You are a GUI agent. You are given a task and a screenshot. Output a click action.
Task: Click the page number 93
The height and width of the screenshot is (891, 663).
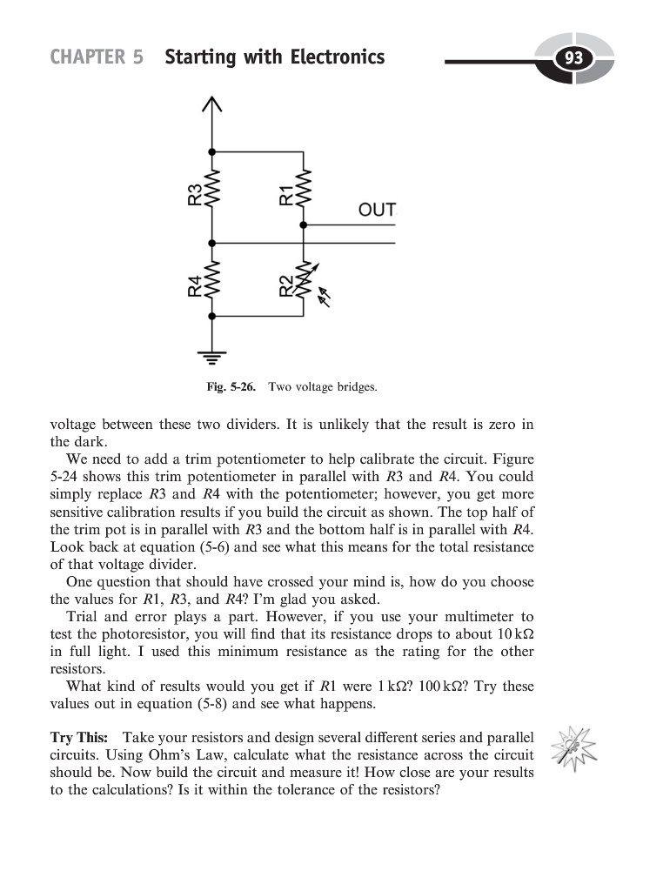(573, 59)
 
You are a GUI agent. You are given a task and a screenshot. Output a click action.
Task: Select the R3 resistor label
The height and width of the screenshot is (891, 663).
(195, 194)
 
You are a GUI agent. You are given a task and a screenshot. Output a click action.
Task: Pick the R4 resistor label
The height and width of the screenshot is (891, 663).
(195, 285)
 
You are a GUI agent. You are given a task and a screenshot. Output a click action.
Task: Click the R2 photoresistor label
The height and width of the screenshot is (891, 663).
(286, 285)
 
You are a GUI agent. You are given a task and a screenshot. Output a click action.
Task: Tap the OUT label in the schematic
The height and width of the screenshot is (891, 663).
(377, 210)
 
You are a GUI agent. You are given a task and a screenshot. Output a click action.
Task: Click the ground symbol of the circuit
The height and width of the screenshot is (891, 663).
(211, 352)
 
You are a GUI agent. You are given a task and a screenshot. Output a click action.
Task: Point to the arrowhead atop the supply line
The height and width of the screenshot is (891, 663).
(211, 104)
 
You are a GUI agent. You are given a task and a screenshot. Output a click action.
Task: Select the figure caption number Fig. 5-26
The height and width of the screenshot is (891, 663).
(231, 386)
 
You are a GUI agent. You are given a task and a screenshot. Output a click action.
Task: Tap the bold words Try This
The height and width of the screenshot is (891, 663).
(79, 738)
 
